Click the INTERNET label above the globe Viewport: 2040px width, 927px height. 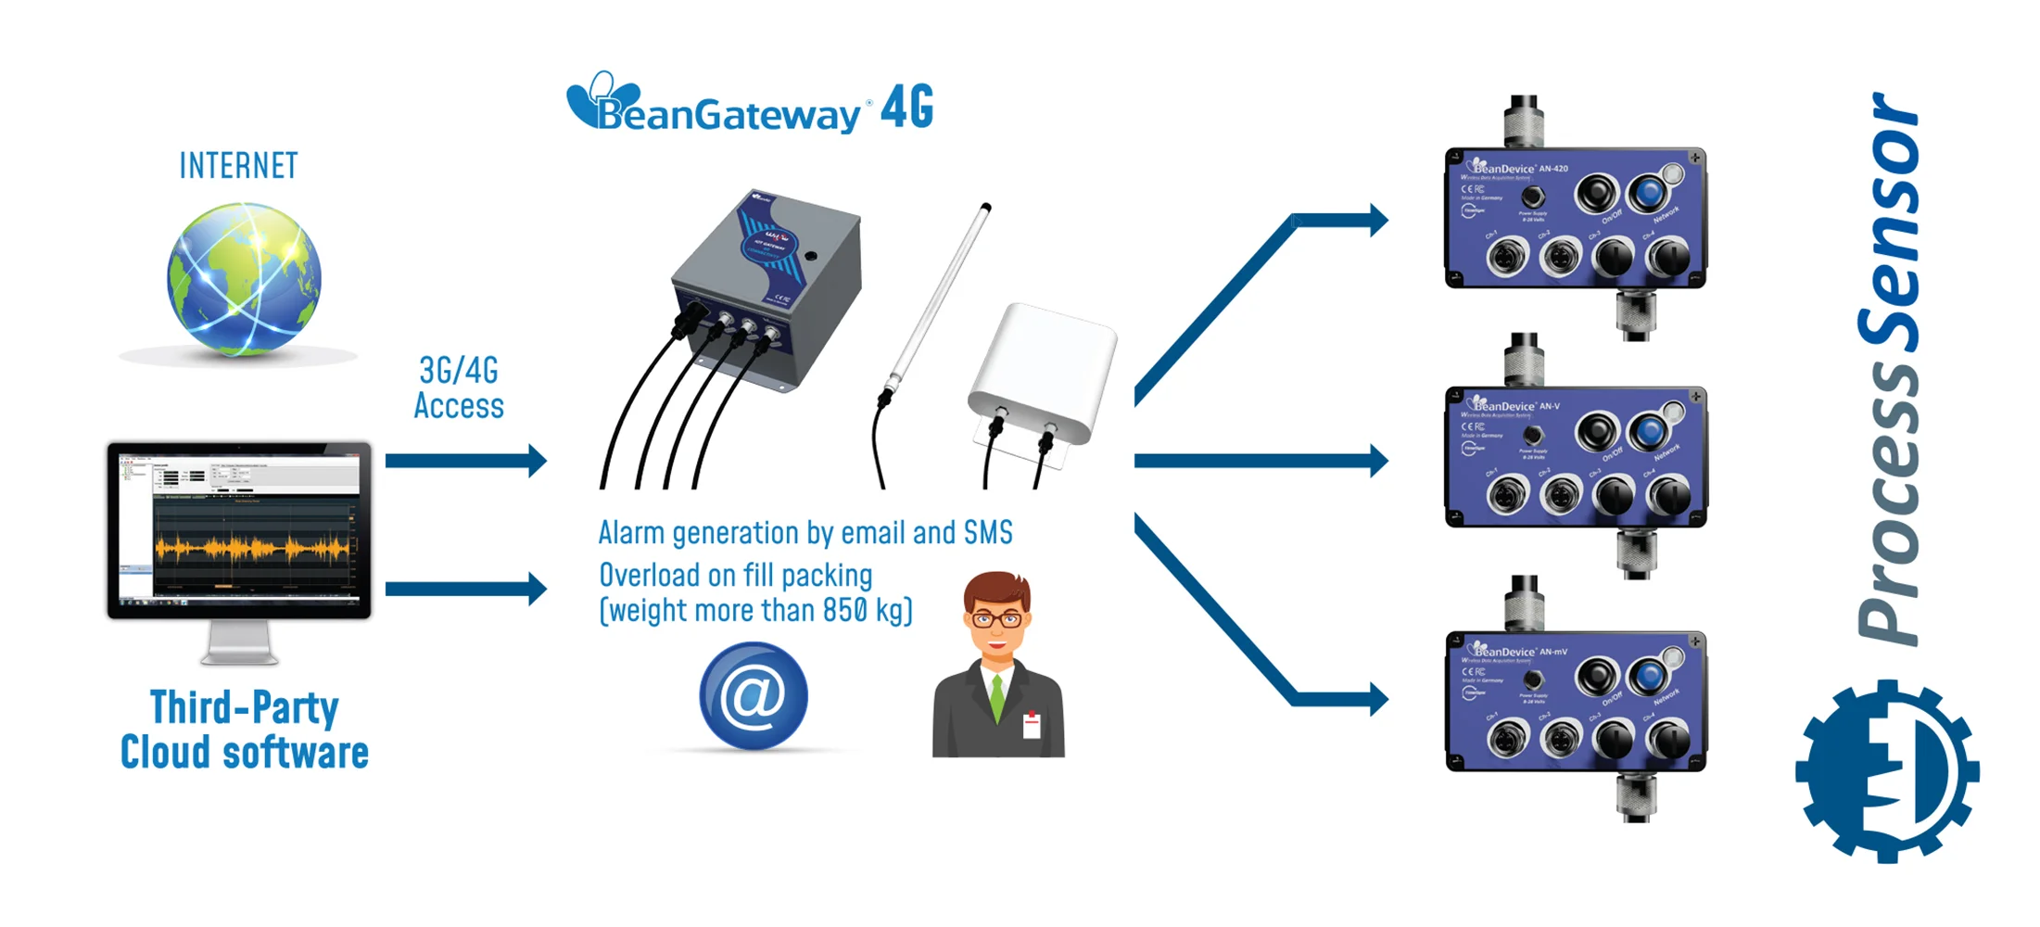click(x=238, y=166)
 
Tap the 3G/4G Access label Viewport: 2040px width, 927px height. click(x=459, y=388)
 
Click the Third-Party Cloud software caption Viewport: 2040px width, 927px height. click(x=245, y=730)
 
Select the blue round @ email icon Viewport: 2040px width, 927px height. click(x=753, y=696)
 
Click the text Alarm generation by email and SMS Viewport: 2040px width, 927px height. click(x=805, y=533)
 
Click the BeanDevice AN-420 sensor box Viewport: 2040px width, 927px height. click(x=1575, y=219)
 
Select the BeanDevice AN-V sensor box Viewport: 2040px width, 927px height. click(x=1575, y=457)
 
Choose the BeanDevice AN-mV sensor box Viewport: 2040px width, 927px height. click(x=1575, y=702)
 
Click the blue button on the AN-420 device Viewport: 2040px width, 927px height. click(x=1648, y=192)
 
